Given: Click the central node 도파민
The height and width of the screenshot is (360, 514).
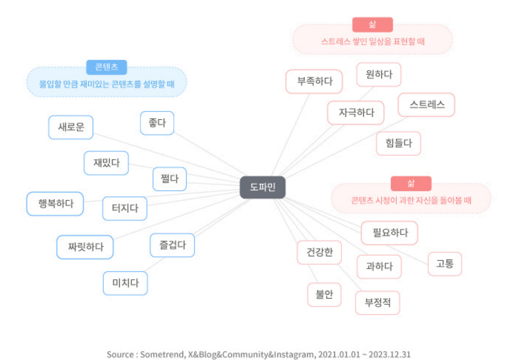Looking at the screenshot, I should [x=263, y=187].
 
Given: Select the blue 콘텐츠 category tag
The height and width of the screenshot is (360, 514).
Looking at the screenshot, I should [x=106, y=67].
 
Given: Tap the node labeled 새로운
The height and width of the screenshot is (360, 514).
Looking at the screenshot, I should [x=71, y=127].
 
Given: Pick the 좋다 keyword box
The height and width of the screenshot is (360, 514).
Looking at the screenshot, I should [x=157, y=123].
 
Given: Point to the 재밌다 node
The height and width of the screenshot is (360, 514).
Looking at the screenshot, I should [x=106, y=163].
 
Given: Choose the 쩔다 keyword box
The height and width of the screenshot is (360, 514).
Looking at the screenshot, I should [x=169, y=179].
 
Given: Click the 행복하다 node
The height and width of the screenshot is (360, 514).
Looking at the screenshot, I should [x=55, y=204].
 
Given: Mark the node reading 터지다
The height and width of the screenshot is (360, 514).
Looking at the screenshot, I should [x=125, y=209].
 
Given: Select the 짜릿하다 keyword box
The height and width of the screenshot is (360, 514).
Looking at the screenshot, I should [x=85, y=247].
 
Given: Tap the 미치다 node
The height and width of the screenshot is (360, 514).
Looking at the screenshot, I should [x=125, y=283].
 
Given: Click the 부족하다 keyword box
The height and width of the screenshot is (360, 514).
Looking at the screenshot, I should [x=314, y=82].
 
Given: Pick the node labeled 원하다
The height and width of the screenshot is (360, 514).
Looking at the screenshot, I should [x=379, y=75].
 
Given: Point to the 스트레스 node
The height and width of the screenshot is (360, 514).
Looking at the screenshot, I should [x=426, y=105].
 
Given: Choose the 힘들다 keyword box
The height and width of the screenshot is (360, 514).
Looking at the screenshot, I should [x=398, y=143].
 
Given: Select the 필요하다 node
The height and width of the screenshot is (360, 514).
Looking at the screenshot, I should [x=390, y=233].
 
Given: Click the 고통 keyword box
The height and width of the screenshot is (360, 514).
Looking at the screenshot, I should [x=445, y=264].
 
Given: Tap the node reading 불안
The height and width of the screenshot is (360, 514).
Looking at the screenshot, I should [x=324, y=295].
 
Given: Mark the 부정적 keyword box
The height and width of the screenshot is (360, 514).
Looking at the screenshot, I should [x=377, y=303].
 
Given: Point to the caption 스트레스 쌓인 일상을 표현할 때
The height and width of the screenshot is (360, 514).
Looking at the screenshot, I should [x=373, y=41].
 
